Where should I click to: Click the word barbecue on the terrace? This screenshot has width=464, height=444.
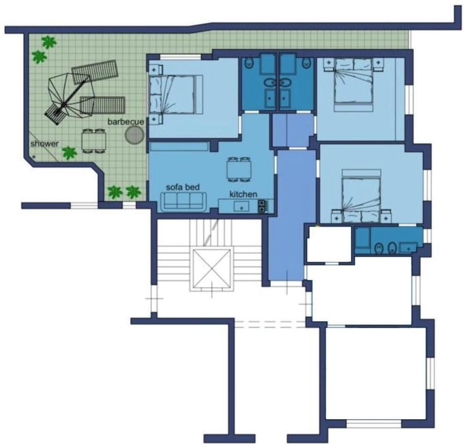pyautogui.click(x=126, y=122)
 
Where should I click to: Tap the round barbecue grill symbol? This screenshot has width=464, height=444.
pyautogui.click(x=134, y=135)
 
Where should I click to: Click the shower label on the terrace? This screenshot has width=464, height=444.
pyautogui.click(x=44, y=144)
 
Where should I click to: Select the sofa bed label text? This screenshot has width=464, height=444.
pyautogui.click(x=183, y=187)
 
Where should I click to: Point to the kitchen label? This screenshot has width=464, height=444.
pyautogui.click(x=243, y=194)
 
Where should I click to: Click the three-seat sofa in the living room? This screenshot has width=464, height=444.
pyautogui.click(x=183, y=201)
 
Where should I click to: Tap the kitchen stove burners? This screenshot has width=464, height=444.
pyautogui.click(x=262, y=207)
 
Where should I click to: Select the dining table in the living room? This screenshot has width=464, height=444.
pyautogui.click(x=239, y=169)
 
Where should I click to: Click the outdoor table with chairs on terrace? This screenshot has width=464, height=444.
pyautogui.click(x=94, y=141)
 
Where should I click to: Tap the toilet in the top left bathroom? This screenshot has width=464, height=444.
pyautogui.click(x=249, y=62)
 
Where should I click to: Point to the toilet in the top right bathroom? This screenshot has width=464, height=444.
pyautogui.click(x=306, y=62)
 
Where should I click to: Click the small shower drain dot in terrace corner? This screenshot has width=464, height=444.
pyautogui.click(x=34, y=157)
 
